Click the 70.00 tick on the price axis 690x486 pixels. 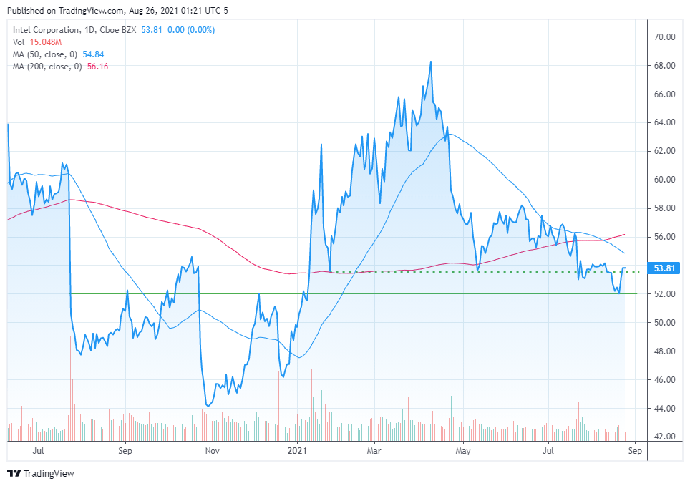pyautogui.click(x=661, y=37)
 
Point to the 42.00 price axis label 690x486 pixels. pyautogui.click(x=661, y=437)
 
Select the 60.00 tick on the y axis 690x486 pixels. pyautogui.click(x=661, y=180)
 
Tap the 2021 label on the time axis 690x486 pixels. pyautogui.click(x=297, y=451)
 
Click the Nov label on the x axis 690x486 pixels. pyautogui.click(x=212, y=451)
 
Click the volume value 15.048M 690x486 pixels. pyautogui.click(x=44, y=42)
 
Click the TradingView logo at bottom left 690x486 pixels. pyautogui.click(x=41, y=473)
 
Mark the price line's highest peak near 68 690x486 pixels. pyautogui.click(x=430, y=62)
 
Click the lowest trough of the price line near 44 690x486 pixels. pyautogui.click(x=207, y=406)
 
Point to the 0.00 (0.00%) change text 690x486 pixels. pyautogui.click(x=190, y=30)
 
